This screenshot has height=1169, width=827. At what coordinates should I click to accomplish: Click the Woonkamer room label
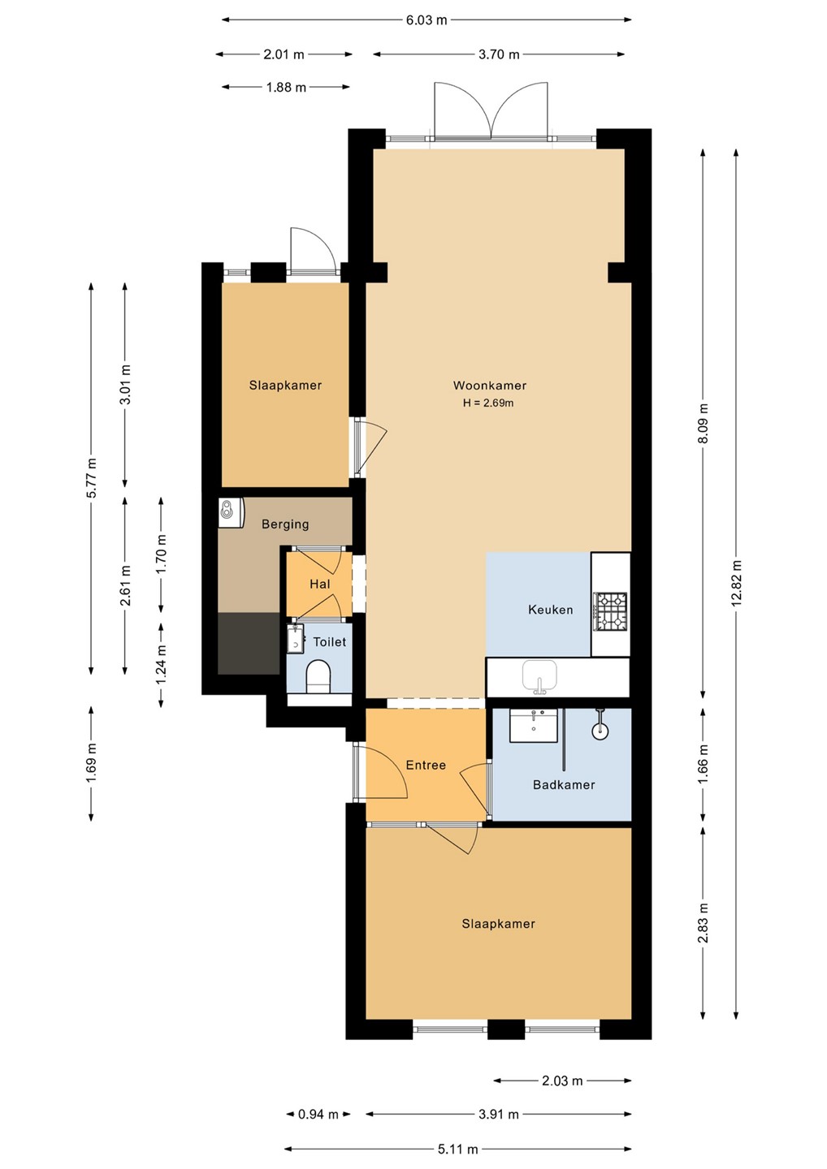[489, 386]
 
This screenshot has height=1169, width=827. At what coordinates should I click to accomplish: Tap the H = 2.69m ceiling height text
[488, 403]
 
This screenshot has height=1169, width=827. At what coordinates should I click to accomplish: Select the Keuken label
[550, 610]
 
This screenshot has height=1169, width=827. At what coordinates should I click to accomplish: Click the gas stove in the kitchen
[611, 611]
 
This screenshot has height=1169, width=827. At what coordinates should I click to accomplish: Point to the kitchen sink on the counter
[539, 677]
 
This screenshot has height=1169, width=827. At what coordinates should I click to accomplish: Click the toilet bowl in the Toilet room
[318, 677]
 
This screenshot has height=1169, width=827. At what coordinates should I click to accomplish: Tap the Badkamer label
[564, 784]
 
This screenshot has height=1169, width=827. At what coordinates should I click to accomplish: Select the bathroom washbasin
[534, 726]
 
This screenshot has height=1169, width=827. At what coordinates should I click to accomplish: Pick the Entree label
[426, 765]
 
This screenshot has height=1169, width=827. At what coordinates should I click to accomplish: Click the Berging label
[285, 524]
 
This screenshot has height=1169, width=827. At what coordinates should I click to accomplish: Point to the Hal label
[320, 584]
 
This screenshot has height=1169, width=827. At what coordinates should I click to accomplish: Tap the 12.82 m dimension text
[736, 584]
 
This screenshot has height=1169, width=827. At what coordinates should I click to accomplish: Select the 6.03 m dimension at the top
[426, 20]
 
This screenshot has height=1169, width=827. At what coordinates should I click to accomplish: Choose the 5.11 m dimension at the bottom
[458, 1149]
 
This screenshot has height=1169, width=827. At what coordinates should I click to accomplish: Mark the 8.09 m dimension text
[703, 423]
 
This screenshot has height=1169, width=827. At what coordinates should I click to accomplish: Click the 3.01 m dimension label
[125, 385]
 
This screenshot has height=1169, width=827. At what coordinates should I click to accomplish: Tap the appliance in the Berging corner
[231, 512]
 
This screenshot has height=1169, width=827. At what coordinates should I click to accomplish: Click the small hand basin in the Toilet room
[295, 640]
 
